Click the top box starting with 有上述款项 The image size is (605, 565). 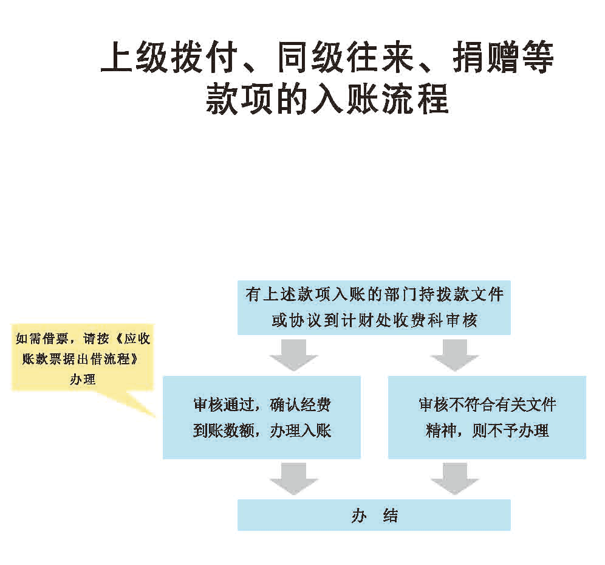coord(374,308)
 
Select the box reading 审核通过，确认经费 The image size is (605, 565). coord(261,417)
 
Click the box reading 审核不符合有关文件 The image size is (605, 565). coord(487,417)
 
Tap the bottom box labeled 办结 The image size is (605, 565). coord(374,515)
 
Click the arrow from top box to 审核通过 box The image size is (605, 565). coord(294,355)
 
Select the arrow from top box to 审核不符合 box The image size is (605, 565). coord(454,355)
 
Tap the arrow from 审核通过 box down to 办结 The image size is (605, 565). coord(294,479)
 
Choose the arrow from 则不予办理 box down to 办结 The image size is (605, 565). coord(454,479)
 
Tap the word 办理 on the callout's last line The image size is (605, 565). coord(83,379)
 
